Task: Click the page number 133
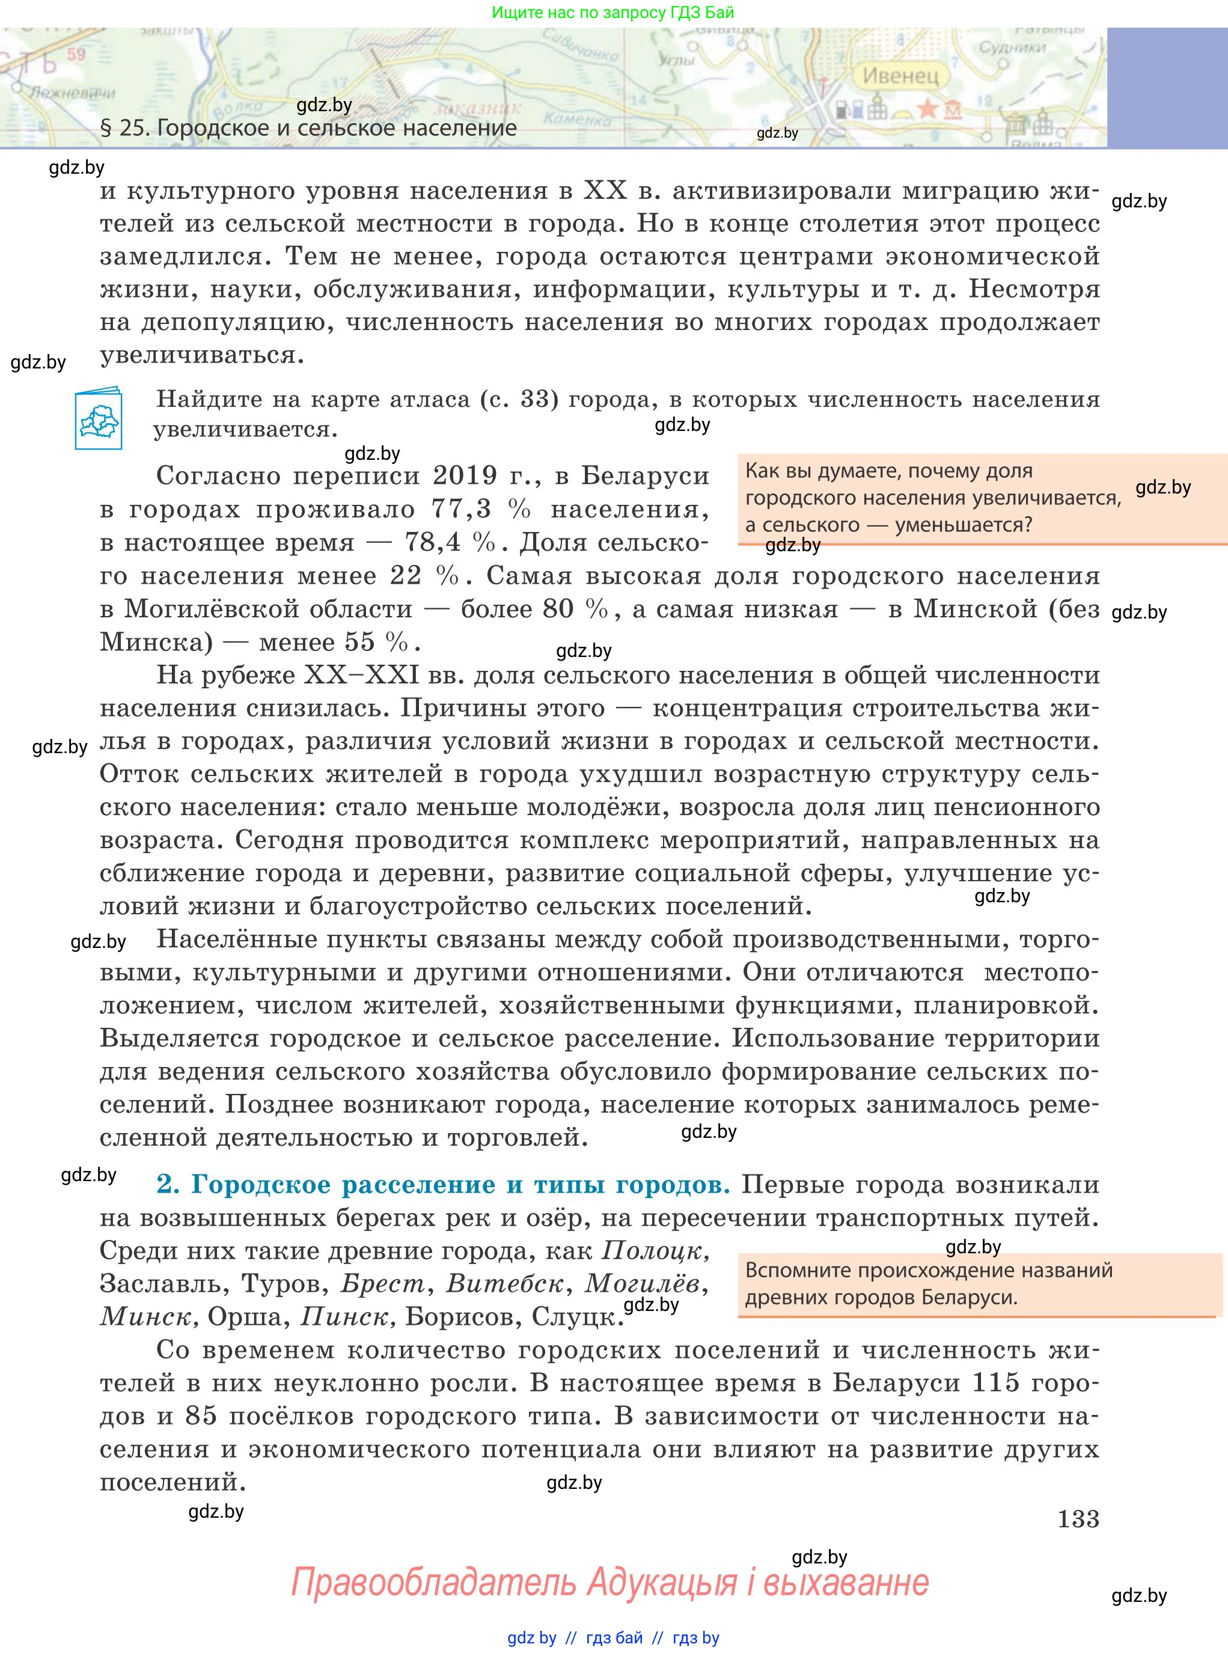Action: pyautogui.click(x=1078, y=1518)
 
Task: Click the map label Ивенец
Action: pyautogui.click(x=901, y=76)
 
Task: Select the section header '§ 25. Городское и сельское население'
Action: pyautogui.click(x=308, y=128)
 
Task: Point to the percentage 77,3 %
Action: pyautogui.click(x=481, y=509)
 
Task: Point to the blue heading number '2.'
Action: pyautogui.click(x=168, y=1185)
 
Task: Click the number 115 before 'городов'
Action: pyautogui.click(x=996, y=1383)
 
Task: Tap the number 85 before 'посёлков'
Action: pyautogui.click(x=201, y=1416)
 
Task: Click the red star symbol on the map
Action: pyautogui.click(x=927, y=109)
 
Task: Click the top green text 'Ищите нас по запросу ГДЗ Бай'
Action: pyautogui.click(x=613, y=13)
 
